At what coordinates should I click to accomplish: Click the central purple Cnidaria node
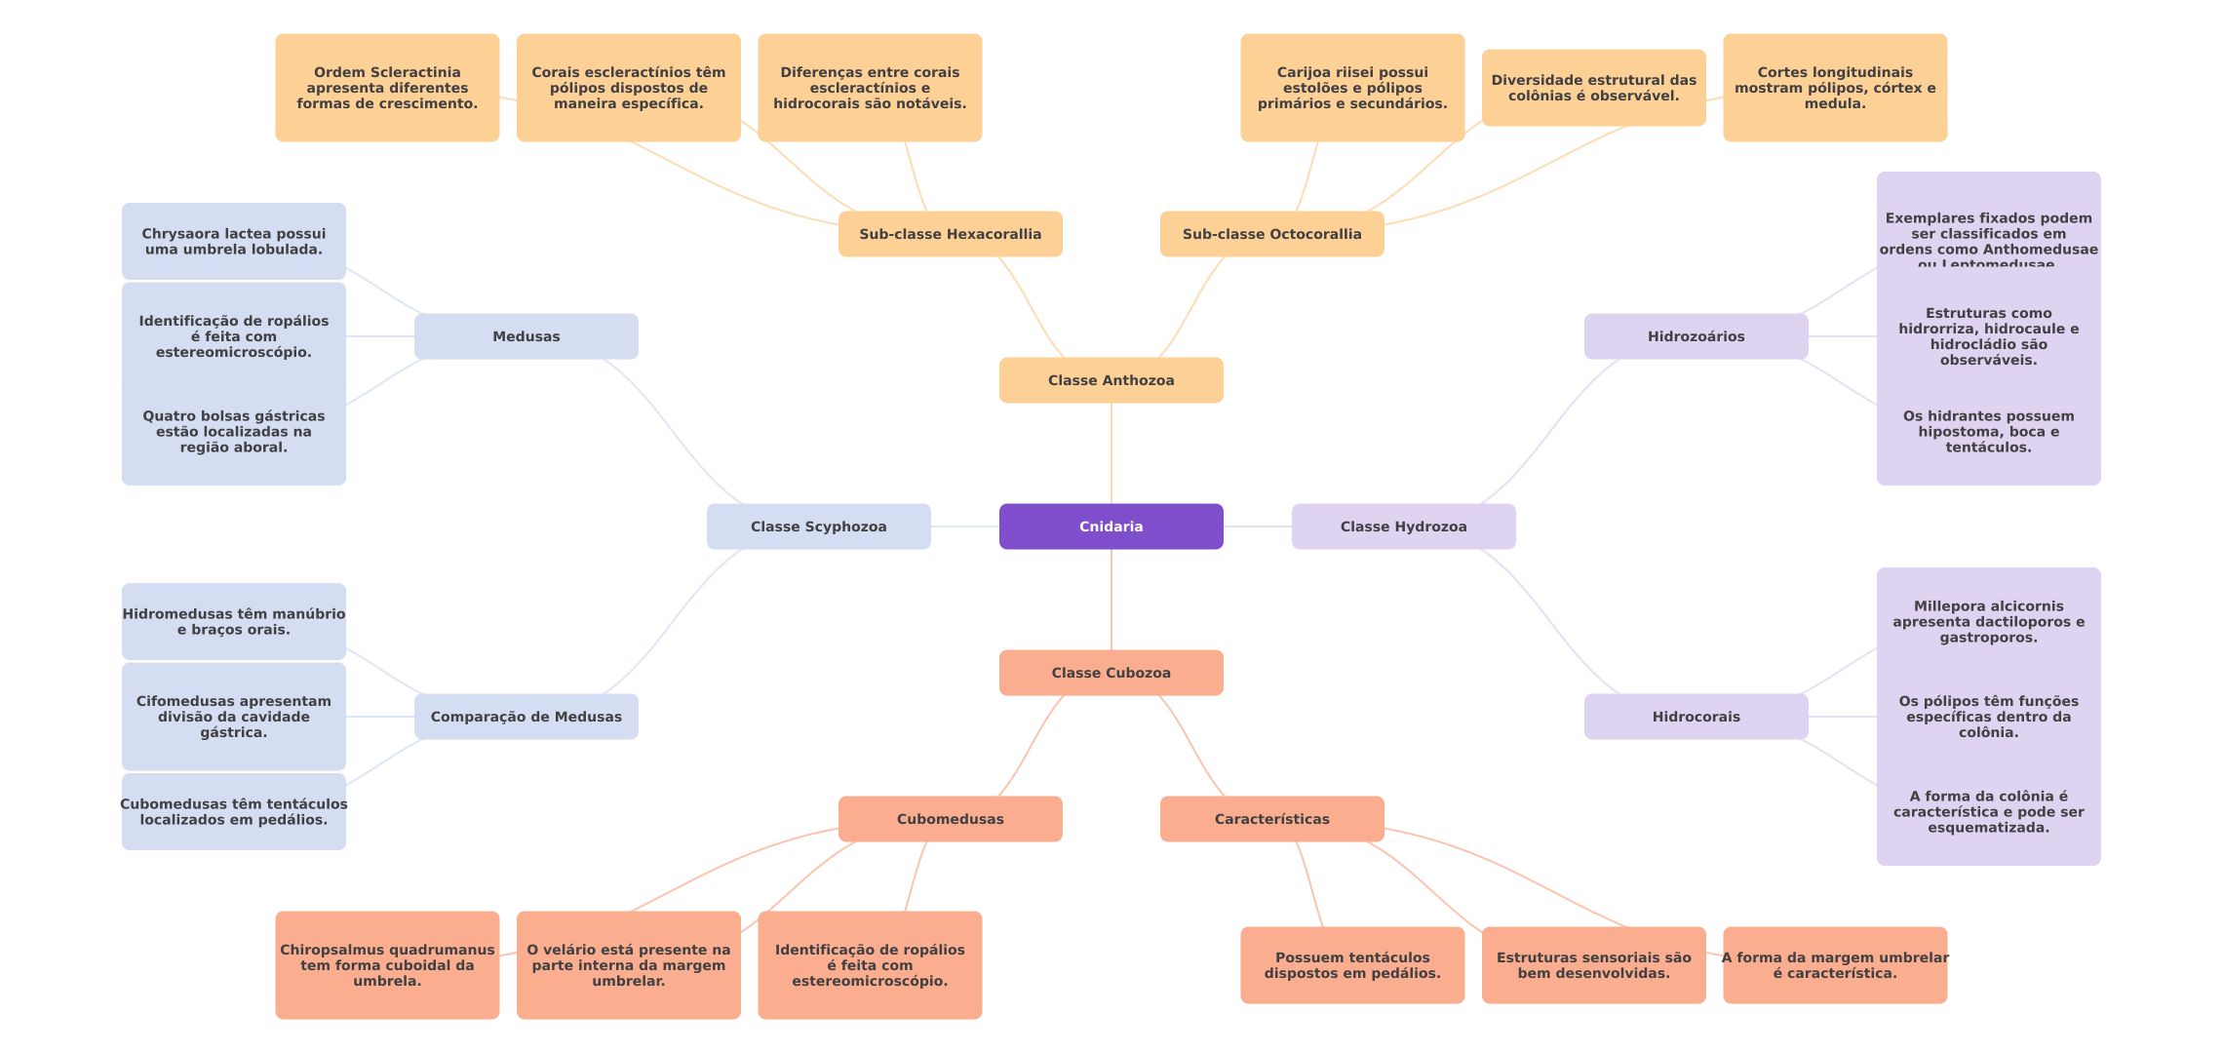1111,526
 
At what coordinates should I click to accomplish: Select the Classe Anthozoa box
1111,380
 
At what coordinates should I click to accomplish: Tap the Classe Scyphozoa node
818,526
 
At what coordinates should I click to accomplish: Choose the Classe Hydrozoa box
1403,526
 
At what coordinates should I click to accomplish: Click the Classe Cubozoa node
1111,673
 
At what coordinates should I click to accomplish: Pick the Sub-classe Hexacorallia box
950,234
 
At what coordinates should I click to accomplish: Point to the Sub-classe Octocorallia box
1271,234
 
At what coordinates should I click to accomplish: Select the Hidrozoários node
1696,336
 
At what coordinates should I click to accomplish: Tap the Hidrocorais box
1696,717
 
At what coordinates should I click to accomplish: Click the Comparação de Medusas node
526,717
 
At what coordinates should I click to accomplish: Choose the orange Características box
1271,819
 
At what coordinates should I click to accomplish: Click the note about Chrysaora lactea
233,241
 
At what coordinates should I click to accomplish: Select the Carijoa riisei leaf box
1352,88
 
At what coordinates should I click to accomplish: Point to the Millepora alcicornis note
1988,621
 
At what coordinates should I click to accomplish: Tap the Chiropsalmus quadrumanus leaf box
387,965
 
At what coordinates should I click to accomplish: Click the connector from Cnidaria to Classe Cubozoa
1111,600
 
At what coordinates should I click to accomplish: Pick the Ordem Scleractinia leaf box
387,88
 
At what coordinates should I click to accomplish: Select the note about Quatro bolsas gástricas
233,431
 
